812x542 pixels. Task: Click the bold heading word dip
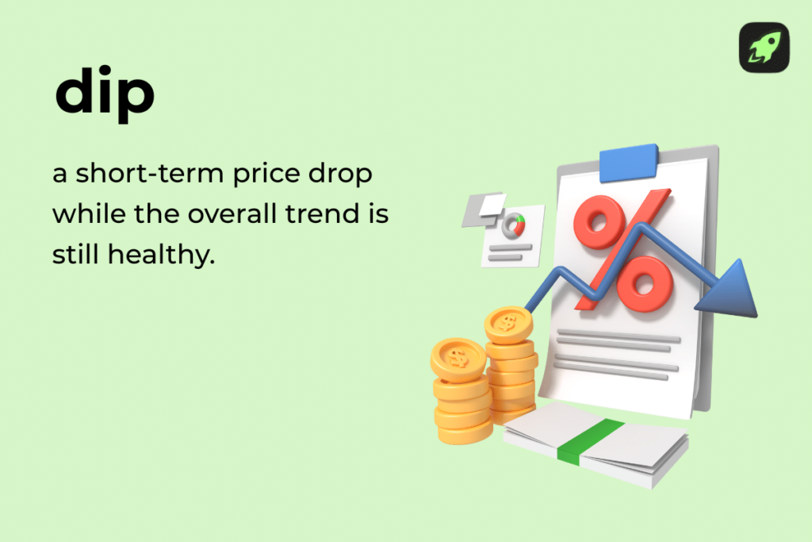pyautogui.click(x=105, y=94)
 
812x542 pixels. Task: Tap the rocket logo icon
pyautogui.click(x=764, y=48)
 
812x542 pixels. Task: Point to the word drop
pyautogui.click(x=343, y=175)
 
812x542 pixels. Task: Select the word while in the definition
pyautogui.click(x=82, y=215)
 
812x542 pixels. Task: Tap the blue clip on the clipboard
pyautogui.click(x=629, y=163)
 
